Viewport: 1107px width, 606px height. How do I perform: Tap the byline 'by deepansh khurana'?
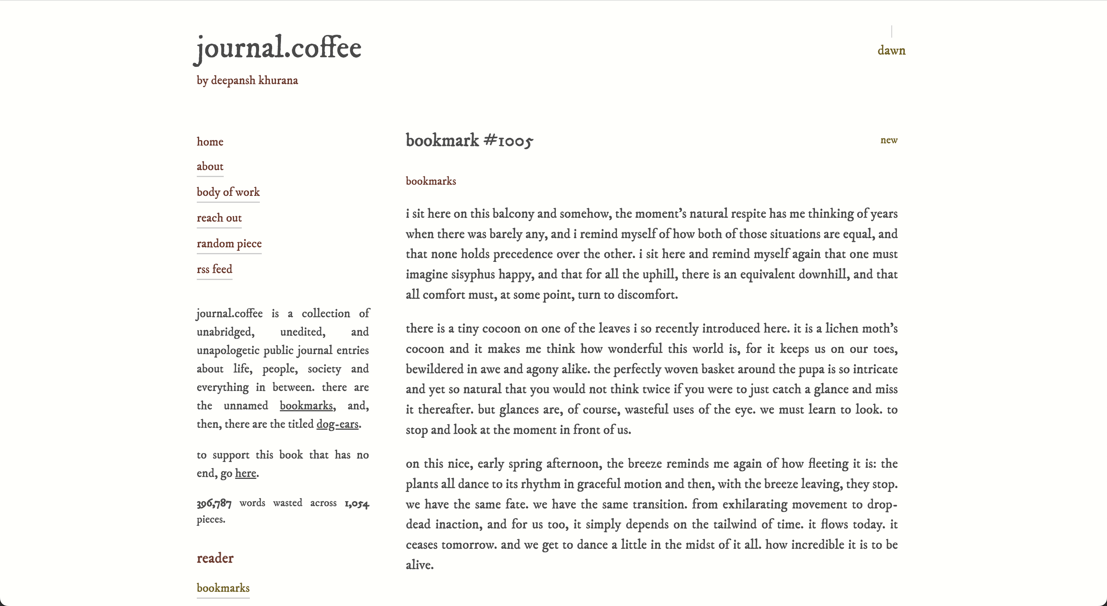coord(247,81)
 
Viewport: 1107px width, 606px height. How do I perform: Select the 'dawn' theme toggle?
coord(891,51)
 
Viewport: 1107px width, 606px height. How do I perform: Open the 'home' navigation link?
coord(210,142)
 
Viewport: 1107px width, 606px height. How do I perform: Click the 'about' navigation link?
coord(210,167)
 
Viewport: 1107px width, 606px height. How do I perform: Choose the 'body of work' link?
coord(228,192)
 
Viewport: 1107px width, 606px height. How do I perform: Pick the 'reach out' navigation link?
coord(219,218)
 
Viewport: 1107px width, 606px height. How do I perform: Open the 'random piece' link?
coord(229,243)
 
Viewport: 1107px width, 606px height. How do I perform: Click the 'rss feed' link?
coord(214,269)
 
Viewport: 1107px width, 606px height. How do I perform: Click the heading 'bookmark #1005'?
coord(469,141)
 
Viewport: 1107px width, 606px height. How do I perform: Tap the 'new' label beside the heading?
coord(889,140)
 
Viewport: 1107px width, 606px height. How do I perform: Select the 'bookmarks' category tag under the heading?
coord(430,181)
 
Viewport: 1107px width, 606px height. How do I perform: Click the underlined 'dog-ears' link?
coord(337,424)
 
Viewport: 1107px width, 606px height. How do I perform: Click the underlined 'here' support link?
coord(245,473)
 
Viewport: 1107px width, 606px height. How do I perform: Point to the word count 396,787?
coord(214,503)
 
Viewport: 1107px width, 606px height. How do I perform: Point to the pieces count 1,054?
coord(357,503)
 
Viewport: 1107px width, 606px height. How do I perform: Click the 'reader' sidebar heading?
coord(215,558)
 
